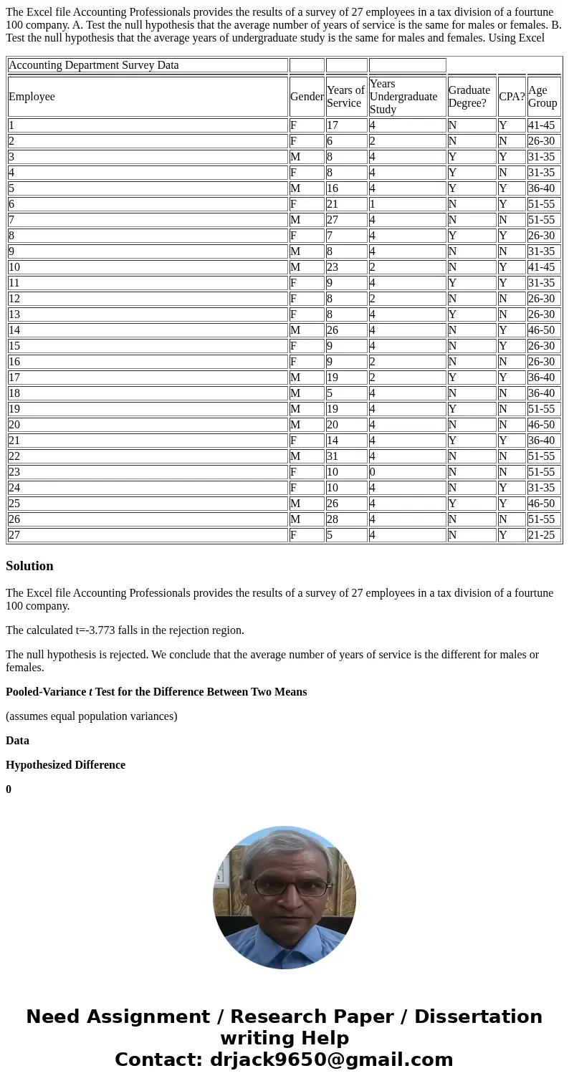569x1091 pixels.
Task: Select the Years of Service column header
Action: click(346, 97)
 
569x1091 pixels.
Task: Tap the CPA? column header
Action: click(512, 97)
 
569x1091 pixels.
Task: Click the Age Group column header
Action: click(543, 97)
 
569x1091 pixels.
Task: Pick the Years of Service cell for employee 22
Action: click(346, 456)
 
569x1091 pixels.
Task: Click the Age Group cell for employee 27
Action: click(543, 535)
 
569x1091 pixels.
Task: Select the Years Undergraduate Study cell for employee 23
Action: click(407, 472)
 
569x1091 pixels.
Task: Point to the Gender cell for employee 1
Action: click(307, 125)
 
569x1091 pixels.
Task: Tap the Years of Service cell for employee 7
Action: click(346, 220)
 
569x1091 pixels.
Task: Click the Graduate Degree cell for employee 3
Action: click(472, 157)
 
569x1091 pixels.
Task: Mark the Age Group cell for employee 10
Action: click(543, 267)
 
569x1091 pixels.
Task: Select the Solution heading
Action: click(29, 566)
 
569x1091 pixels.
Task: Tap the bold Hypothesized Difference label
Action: click(65, 765)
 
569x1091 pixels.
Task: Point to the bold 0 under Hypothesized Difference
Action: click(9, 789)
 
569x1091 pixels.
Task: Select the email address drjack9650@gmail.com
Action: click(331, 1060)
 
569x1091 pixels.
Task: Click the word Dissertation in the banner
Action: click(478, 1017)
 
